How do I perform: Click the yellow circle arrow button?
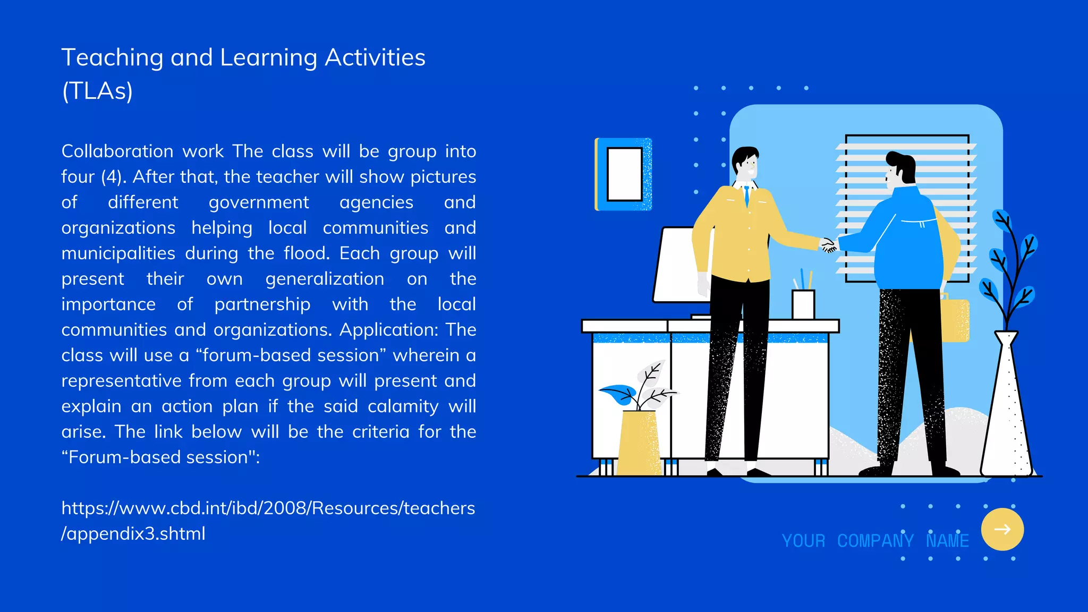(1002, 529)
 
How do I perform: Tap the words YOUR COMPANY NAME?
(875, 541)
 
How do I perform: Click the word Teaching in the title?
(112, 57)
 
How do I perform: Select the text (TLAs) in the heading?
(97, 91)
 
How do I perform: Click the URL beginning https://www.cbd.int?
(268, 508)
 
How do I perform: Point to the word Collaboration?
(117, 151)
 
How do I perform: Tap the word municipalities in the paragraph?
(118, 253)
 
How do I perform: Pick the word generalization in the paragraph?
(325, 279)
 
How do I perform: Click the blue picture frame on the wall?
(624, 174)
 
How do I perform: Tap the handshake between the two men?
(828, 245)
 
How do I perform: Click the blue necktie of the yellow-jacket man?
(746, 195)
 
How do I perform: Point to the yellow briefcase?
(955, 319)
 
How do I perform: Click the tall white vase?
(1006, 409)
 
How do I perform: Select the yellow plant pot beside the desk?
(639, 442)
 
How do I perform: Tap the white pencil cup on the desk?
(803, 304)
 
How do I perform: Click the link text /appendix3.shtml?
(133, 534)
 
